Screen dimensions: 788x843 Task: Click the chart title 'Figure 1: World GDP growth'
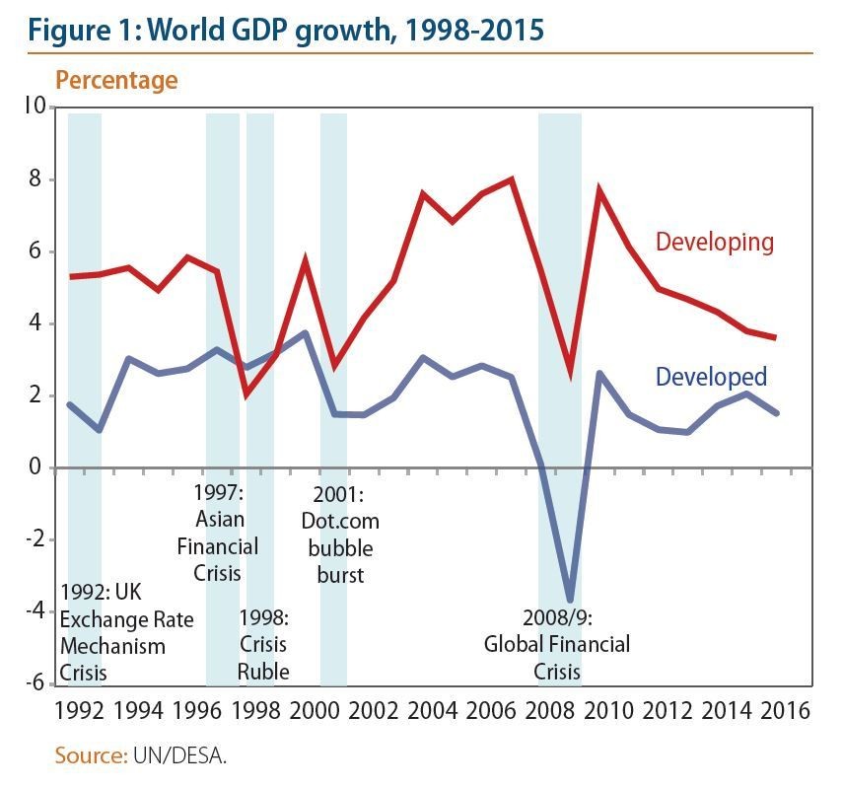point(286,29)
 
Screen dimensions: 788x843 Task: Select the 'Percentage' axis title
point(116,80)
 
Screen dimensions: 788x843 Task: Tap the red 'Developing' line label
point(714,242)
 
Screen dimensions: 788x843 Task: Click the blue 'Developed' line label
point(710,377)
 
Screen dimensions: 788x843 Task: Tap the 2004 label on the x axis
point(433,710)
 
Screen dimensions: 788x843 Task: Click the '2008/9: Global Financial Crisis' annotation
point(556,645)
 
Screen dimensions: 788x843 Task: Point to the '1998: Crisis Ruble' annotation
point(263,645)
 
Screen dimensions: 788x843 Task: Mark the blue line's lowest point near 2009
point(570,599)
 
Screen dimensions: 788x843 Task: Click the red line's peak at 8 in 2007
point(512,179)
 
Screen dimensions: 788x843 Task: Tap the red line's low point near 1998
point(246,394)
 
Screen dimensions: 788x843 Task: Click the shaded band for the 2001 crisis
point(333,296)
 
